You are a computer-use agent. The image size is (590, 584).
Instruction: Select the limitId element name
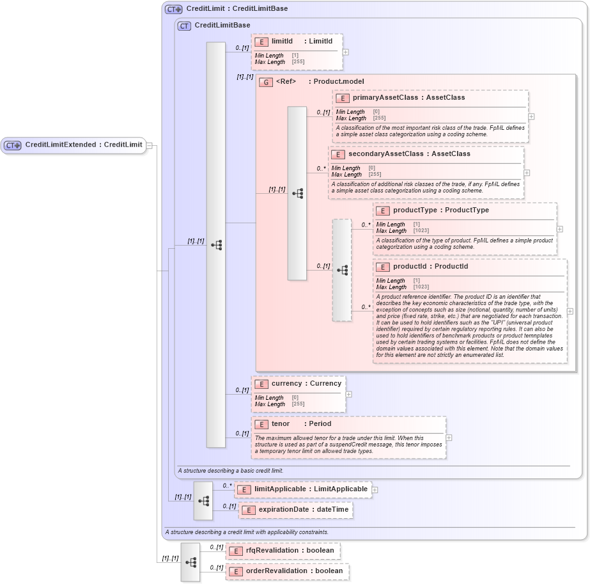[282, 42]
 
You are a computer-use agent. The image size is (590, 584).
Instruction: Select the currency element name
[286, 384]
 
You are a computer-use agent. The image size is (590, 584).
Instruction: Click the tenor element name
[281, 424]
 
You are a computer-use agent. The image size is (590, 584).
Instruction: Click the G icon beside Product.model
[266, 83]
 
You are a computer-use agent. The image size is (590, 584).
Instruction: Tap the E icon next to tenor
[261, 424]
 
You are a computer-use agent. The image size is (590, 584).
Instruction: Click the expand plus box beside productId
[570, 312]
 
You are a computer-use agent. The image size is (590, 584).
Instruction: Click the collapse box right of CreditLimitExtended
[149, 145]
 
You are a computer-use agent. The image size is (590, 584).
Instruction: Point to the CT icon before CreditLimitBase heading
[184, 26]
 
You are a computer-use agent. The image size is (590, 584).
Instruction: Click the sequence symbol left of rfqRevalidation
[190, 562]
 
